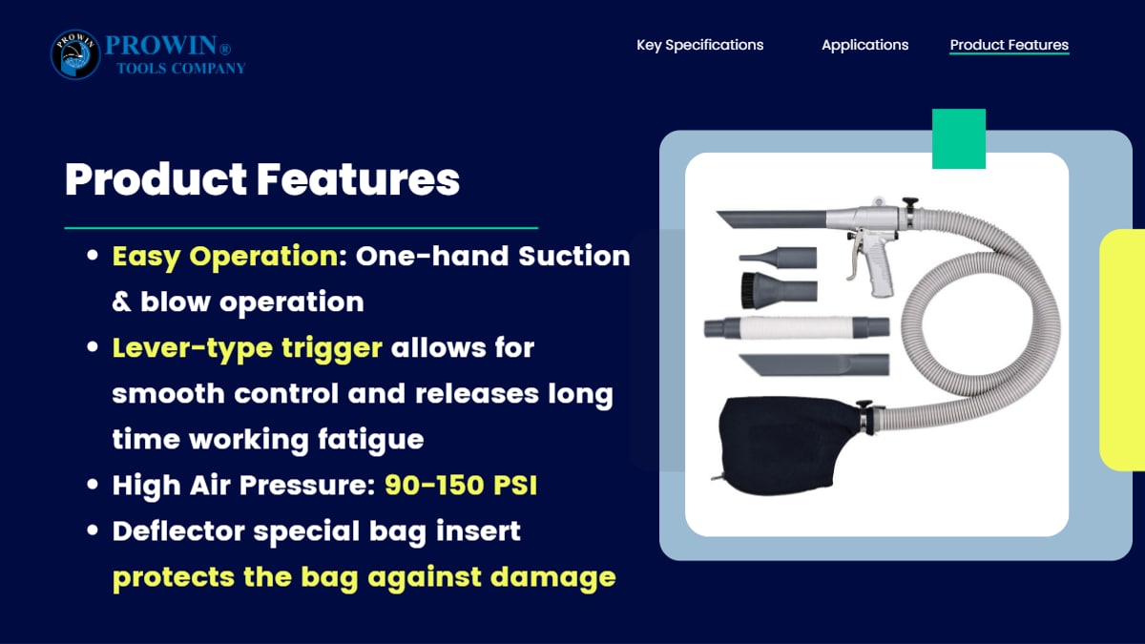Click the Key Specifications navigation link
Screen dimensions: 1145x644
click(x=699, y=45)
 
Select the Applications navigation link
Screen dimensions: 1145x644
click(x=864, y=45)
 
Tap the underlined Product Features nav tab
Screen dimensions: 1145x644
click(x=1010, y=45)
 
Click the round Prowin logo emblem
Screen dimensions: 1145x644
click(x=75, y=54)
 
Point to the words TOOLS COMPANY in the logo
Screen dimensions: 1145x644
click(x=181, y=69)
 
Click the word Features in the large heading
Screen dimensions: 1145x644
click(x=358, y=179)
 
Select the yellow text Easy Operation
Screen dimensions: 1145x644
click(x=225, y=257)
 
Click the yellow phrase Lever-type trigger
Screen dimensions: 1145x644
click(x=247, y=348)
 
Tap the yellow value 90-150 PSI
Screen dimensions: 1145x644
click(x=461, y=485)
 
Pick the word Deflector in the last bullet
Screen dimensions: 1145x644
click(x=178, y=530)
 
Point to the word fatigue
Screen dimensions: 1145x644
click(x=370, y=440)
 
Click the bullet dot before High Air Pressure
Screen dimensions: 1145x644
click(x=93, y=484)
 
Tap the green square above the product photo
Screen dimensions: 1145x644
click(x=958, y=138)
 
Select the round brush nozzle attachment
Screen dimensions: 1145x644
click(x=779, y=290)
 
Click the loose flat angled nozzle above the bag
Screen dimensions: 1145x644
click(x=814, y=364)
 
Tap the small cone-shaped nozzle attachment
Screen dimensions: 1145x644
click(x=778, y=257)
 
